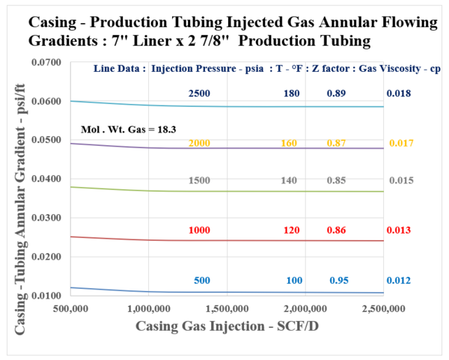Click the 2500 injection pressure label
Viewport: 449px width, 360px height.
click(198, 94)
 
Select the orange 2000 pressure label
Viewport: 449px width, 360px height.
click(198, 142)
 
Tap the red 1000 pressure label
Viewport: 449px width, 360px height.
click(198, 231)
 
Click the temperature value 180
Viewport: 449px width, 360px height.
click(292, 94)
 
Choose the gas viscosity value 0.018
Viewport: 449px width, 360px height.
click(397, 94)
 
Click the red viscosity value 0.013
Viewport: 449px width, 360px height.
click(397, 231)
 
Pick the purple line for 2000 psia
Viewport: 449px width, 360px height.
click(224, 147)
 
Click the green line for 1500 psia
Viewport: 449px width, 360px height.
click(224, 191)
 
